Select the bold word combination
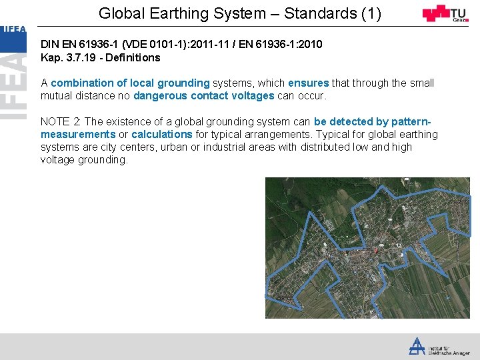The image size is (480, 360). point(83,83)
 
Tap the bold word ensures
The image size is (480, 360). point(308,83)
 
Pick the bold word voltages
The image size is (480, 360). point(249,96)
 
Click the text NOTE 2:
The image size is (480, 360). point(61,122)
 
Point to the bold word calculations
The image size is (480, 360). point(161,135)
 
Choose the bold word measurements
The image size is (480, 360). point(78,135)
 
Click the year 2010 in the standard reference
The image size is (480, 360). point(311,44)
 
